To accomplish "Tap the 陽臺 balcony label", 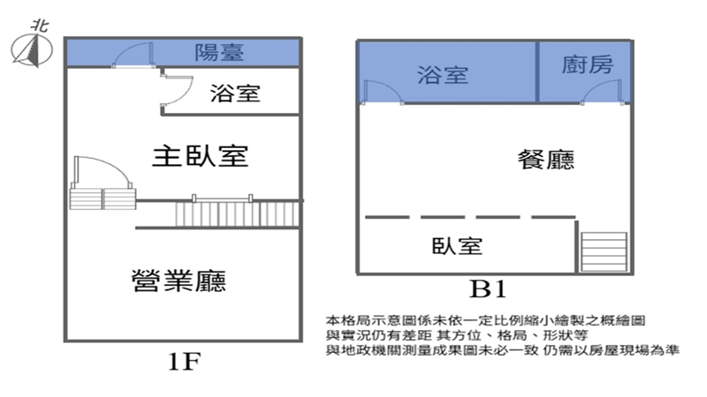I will click(219, 53).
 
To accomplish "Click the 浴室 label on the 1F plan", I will click(236, 93).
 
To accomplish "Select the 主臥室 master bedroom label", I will click(200, 156).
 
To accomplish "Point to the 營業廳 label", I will click(177, 281).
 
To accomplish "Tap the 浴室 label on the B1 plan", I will click(443, 75).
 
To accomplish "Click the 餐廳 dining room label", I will click(546, 160).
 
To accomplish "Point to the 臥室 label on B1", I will click(458, 245).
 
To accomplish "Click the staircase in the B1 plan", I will click(604, 251).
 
